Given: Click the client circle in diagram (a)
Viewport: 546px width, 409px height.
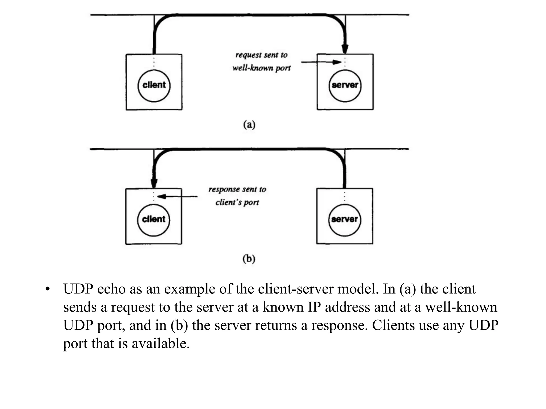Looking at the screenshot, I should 154,86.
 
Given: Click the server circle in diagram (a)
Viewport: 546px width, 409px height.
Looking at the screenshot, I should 345,86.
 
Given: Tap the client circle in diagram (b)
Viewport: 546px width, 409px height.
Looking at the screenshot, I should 154,220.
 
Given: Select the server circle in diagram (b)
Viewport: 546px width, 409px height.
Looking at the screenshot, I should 344,220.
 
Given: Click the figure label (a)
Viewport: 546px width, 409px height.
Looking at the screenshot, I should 249,125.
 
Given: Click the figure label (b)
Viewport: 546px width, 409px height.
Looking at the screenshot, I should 249,259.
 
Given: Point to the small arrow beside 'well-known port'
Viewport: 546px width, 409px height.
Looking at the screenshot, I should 321,62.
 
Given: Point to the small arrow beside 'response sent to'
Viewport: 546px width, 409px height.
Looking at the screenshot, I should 178,197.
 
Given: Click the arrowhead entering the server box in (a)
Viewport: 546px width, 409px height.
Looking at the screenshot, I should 345,49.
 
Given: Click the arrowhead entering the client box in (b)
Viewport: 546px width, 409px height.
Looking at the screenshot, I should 154,183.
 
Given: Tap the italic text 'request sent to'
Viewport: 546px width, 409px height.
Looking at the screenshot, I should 261,55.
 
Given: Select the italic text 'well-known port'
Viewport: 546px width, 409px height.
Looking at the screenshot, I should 261,68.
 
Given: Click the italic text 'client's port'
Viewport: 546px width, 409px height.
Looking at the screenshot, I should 237,202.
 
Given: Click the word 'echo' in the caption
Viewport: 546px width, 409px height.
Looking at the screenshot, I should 111,289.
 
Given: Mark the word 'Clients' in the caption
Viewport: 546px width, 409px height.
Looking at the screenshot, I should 393,325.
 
